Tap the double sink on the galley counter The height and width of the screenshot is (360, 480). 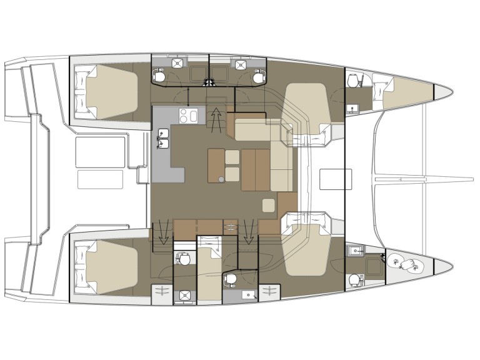(x=164, y=139)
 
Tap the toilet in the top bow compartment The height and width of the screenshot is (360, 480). (x=355, y=82)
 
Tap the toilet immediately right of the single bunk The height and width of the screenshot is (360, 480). (x=230, y=279)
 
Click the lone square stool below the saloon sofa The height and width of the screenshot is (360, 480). (x=269, y=206)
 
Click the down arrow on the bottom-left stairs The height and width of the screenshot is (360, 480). (x=164, y=232)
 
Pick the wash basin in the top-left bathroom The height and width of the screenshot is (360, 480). (x=178, y=63)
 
